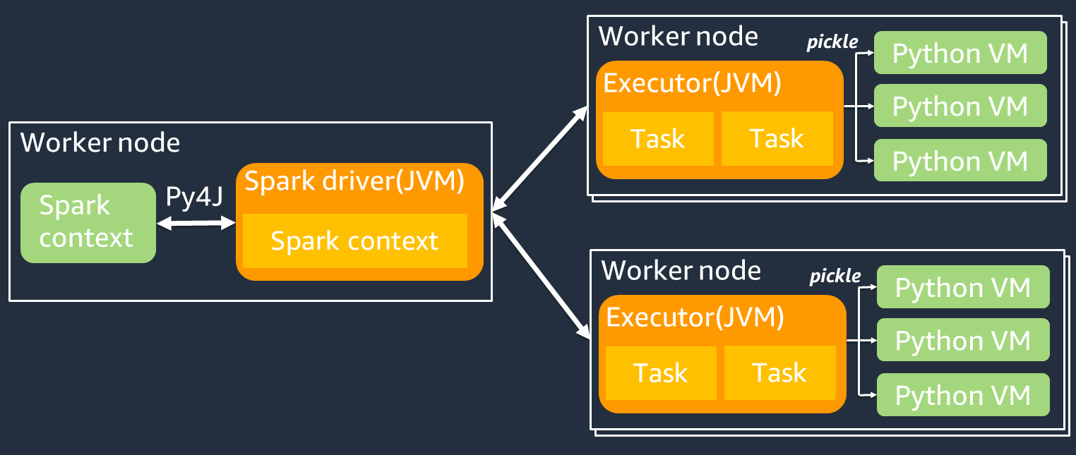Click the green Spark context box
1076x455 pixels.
click(x=88, y=223)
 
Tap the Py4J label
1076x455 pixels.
click(x=194, y=197)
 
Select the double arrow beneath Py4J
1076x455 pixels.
click(x=196, y=224)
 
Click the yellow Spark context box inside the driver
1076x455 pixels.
click(x=354, y=241)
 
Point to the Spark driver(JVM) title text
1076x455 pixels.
click(x=354, y=182)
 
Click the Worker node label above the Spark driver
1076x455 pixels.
click(x=100, y=143)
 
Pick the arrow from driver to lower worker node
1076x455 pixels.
click(x=542, y=274)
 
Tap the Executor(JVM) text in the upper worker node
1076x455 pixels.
click(x=692, y=84)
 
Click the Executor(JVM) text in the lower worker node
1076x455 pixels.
click(x=695, y=318)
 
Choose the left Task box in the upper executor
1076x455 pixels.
click(x=658, y=139)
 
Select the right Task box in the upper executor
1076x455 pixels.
click(x=777, y=139)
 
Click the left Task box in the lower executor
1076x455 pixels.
click(x=661, y=373)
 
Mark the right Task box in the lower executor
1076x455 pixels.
click(x=779, y=373)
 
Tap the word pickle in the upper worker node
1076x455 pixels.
click(x=832, y=42)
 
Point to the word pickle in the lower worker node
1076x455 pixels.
click(x=835, y=276)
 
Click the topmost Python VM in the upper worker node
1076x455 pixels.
click(x=960, y=54)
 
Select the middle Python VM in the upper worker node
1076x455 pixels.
click(x=960, y=106)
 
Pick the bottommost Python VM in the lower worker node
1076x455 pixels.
click(x=962, y=396)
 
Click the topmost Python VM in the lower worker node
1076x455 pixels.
click(x=962, y=288)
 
